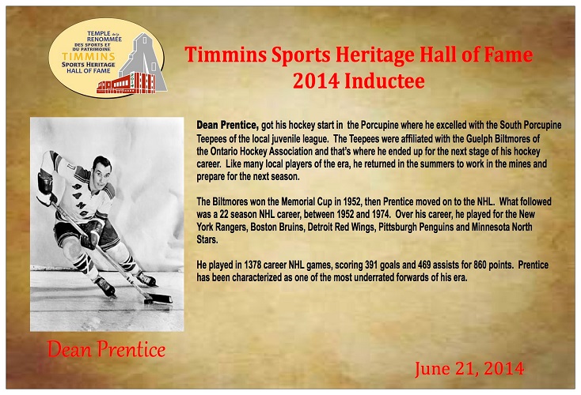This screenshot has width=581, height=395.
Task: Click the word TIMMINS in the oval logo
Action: point(89,57)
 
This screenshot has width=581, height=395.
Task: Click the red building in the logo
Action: point(126,84)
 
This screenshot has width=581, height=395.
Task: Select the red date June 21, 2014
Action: point(469,369)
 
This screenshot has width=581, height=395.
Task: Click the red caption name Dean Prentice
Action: point(106,349)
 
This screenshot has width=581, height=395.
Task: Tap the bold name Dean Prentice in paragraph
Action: point(227,126)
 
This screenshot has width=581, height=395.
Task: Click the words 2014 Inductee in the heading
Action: point(359,81)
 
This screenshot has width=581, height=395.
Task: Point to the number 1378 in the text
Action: point(253,265)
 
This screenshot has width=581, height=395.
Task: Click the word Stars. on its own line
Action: point(207,239)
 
